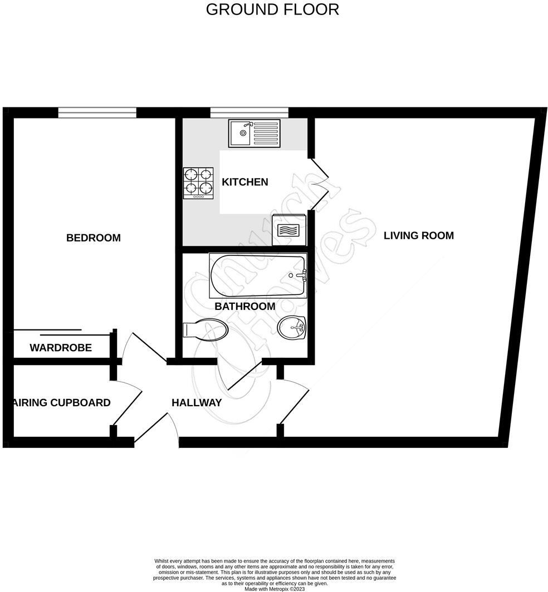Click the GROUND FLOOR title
[272, 9]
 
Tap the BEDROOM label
[94, 238]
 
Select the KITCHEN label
[245, 182]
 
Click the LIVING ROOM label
[419, 235]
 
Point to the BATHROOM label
[245, 307]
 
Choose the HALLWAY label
[197, 403]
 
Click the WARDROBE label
[61, 348]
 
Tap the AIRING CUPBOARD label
[62, 403]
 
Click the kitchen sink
[253, 134]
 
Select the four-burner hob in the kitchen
[198, 183]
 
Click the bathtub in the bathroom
[257, 275]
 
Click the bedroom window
[97, 113]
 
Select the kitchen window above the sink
[249, 113]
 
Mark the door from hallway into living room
[294, 403]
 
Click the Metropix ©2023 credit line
[275, 589]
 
